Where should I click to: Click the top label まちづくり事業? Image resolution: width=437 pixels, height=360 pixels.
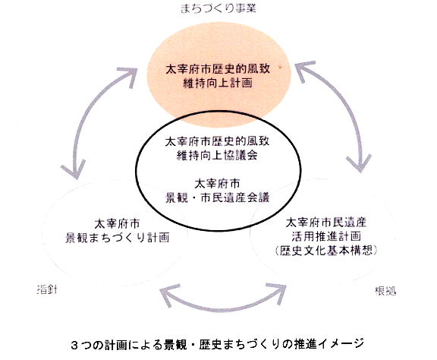pos(218,8)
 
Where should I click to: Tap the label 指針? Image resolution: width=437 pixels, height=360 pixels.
pos(47,289)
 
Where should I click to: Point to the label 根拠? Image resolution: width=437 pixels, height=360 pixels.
pos(385,291)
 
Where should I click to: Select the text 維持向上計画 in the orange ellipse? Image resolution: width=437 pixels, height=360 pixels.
pos(218,83)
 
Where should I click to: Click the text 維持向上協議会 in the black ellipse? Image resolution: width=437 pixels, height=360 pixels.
pos(217,155)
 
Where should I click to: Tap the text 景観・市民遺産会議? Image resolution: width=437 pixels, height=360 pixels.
pos(218,197)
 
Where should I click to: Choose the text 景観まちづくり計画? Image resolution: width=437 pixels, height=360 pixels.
pos(118,237)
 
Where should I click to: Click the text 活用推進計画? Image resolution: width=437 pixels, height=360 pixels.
pos(326,236)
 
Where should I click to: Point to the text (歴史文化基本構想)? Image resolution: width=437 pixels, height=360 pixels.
pos(326,250)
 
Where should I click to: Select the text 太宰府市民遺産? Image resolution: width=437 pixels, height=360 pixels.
pos(326,223)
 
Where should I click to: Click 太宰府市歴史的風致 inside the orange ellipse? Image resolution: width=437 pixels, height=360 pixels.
pos(218,69)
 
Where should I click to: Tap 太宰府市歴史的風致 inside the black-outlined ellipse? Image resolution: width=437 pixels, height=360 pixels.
pos(217,141)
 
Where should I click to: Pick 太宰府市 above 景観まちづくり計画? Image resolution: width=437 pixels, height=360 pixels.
pos(117,223)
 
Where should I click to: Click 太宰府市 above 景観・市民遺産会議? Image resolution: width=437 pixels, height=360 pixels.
pos(217,184)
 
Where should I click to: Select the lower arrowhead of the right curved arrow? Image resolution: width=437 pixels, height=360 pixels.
pos(359,163)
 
